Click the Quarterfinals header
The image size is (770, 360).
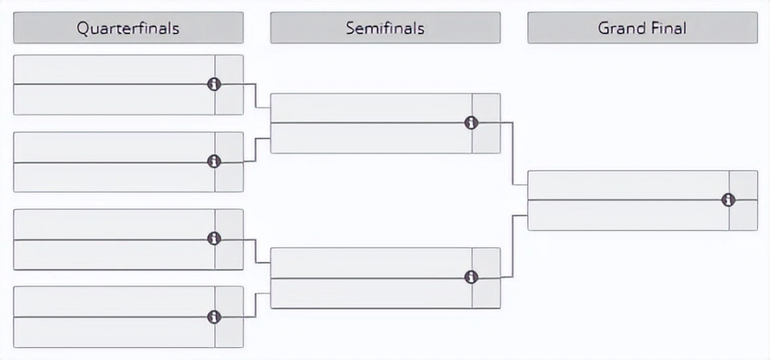(128, 28)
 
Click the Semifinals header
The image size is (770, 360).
(385, 28)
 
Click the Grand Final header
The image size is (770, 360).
(642, 28)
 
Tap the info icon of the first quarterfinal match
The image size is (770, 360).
(214, 84)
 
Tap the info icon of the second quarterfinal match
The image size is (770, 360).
(214, 162)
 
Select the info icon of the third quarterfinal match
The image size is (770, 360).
(214, 239)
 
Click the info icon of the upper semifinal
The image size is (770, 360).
(472, 123)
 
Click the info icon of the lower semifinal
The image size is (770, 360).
(472, 277)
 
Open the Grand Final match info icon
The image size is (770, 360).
(728, 200)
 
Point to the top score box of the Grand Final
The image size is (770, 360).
(744, 185)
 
